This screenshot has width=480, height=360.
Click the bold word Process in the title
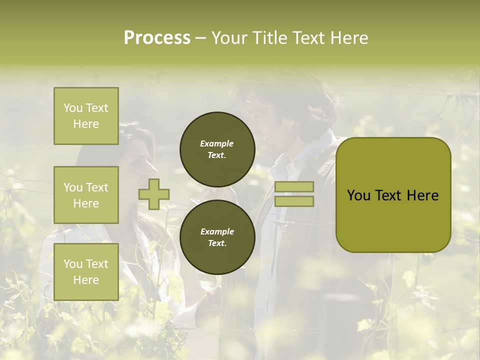click(x=157, y=38)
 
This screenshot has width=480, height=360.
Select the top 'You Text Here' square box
click(x=86, y=116)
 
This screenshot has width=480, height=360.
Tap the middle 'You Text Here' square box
click(x=86, y=195)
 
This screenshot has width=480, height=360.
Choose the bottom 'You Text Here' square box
click(x=86, y=272)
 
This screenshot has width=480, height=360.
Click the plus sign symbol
click(x=154, y=194)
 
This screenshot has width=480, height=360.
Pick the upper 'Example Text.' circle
click(x=217, y=149)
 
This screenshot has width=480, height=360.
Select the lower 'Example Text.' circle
click(x=217, y=237)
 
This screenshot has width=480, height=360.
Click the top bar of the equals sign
click(x=294, y=186)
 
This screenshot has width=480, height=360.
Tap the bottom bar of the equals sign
click(x=294, y=201)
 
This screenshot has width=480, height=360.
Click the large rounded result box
click(x=393, y=195)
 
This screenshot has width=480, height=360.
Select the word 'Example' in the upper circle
click(x=217, y=143)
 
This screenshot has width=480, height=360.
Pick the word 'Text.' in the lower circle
click(x=217, y=243)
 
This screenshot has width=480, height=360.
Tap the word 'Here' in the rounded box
click(x=422, y=195)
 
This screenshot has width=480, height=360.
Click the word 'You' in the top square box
click(x=73, y=108)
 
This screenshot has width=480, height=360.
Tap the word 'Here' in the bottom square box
click(x=86, y=280)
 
